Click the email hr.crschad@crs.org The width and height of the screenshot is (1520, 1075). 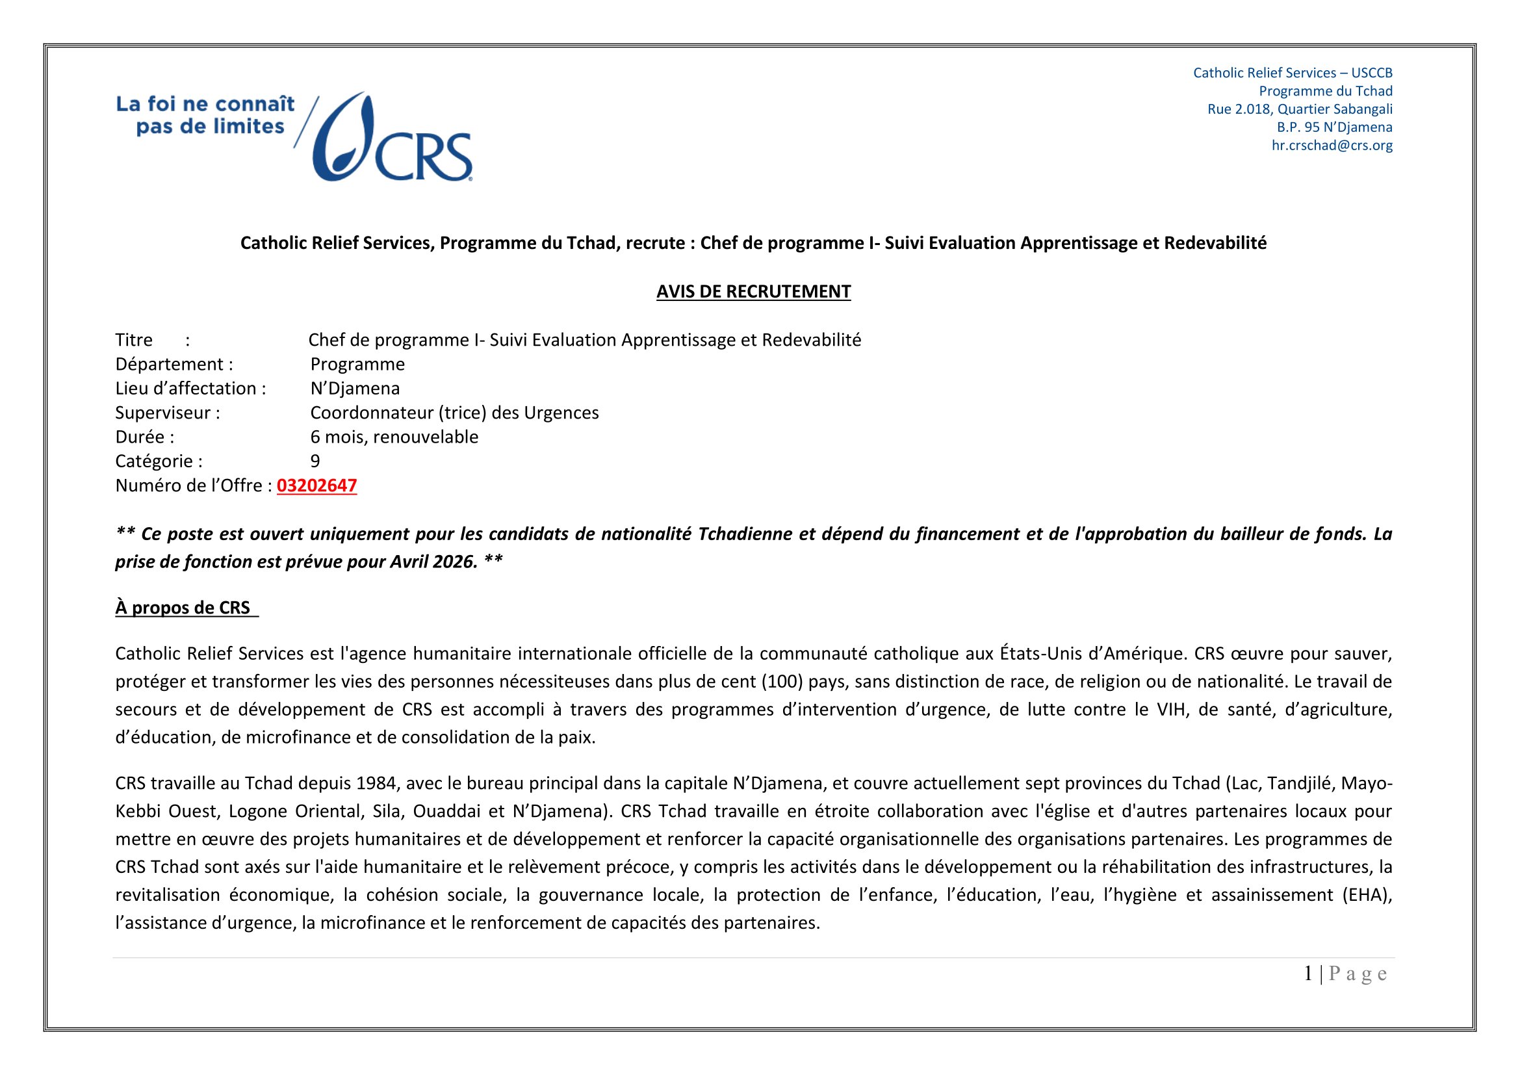click(1332, 145)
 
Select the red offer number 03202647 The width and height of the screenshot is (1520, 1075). click(316, 486)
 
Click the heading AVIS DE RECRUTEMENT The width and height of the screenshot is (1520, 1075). click(753, 291)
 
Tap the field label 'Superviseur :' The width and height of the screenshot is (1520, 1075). click(168, 413)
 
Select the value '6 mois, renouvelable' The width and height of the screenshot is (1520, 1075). click(394, 437)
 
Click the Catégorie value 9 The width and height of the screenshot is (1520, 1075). click(315, 461)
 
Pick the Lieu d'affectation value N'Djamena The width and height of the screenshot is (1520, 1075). click(355, 388)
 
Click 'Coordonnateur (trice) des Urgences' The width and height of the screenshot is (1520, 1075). click(454, 413)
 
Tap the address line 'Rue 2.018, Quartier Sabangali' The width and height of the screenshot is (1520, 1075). click(1300, 109)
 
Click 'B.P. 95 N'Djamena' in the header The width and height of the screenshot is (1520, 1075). click(1334, 127)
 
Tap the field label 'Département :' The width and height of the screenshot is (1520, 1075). click(174, 364)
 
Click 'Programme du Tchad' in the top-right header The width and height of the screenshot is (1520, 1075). click(1325, 91)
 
